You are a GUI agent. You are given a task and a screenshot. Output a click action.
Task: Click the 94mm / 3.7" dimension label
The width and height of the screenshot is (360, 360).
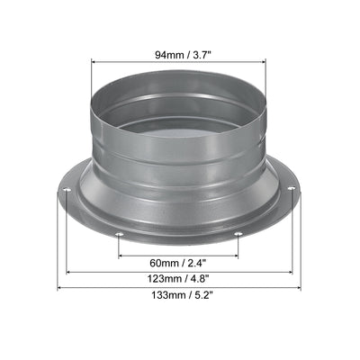tap(178, 55)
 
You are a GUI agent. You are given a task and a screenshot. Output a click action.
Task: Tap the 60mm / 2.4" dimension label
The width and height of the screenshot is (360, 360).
tap(178, 264)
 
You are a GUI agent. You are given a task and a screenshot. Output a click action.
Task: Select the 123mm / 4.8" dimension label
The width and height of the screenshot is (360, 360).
tap(178, 279)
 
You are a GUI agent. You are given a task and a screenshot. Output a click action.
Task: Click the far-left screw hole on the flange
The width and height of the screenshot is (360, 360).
tap(67, 190)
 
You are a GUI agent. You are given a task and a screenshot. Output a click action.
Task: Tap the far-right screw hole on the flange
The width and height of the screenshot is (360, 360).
tap(292, 188)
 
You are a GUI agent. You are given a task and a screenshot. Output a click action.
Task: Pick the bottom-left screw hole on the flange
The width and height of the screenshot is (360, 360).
tap(119, 235)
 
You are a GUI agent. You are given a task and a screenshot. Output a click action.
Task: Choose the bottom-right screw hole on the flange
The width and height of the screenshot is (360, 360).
tap(238, 234)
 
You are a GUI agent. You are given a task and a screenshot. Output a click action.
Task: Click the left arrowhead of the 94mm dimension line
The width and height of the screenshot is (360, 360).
tap(93, 62)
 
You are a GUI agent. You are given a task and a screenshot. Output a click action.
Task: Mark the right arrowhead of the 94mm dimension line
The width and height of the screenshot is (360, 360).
tap(264, 62)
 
